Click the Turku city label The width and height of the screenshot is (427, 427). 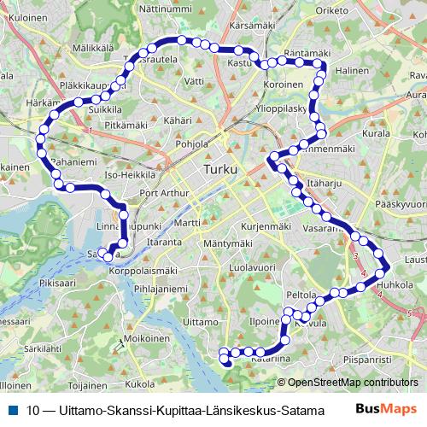(x=224, y=170)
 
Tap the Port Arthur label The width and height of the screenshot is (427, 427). (x=163, y=193)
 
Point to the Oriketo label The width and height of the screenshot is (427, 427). (x=332, y=10)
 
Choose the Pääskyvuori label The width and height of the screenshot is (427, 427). (x=400, y=205)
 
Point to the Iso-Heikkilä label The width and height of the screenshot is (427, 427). (x=129, y=175)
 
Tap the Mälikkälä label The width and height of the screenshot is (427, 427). (x=93, y=49)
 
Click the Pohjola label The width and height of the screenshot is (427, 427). (x=191, y=144)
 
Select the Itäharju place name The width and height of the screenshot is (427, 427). (x=324, y=183)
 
